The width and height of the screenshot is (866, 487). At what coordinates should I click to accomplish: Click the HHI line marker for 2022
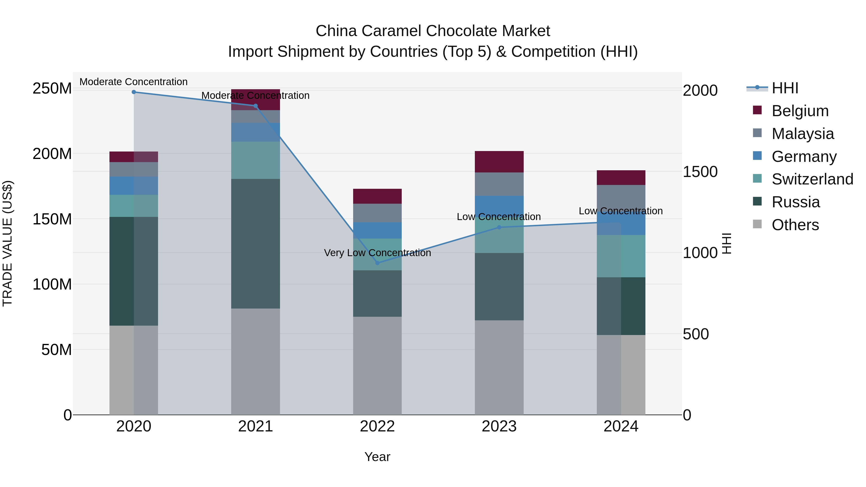(x=377, y=263)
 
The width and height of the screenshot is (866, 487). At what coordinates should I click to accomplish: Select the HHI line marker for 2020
(x=134, y=92)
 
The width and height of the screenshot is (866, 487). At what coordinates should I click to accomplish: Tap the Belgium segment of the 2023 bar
(x=499, y=162)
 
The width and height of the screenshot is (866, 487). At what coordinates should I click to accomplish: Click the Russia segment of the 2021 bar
(x=255, y=243)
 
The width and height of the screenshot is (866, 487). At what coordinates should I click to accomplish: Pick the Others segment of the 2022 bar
(x=377, y=365)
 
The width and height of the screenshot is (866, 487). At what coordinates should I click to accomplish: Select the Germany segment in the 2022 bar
(x=377, y=230)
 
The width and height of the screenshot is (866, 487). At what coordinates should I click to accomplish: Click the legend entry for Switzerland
(x=812, y=179)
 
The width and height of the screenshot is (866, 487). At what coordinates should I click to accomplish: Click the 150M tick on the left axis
(x=52, y=219)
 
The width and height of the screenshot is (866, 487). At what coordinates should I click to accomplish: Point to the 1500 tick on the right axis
(x=700, y=172)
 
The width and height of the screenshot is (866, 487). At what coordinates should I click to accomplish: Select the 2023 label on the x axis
(x=499, y=426)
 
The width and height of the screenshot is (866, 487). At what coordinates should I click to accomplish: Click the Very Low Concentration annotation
(x=377, y=253)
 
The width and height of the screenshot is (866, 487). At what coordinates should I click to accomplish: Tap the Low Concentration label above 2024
(x=621, y=211)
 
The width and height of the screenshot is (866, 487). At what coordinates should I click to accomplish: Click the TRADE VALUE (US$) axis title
(x=8, y=243)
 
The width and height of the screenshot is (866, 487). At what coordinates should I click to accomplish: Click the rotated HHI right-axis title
(x=727, y=243)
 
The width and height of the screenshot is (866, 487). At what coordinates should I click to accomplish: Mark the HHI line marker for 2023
(x=499, y=227)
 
